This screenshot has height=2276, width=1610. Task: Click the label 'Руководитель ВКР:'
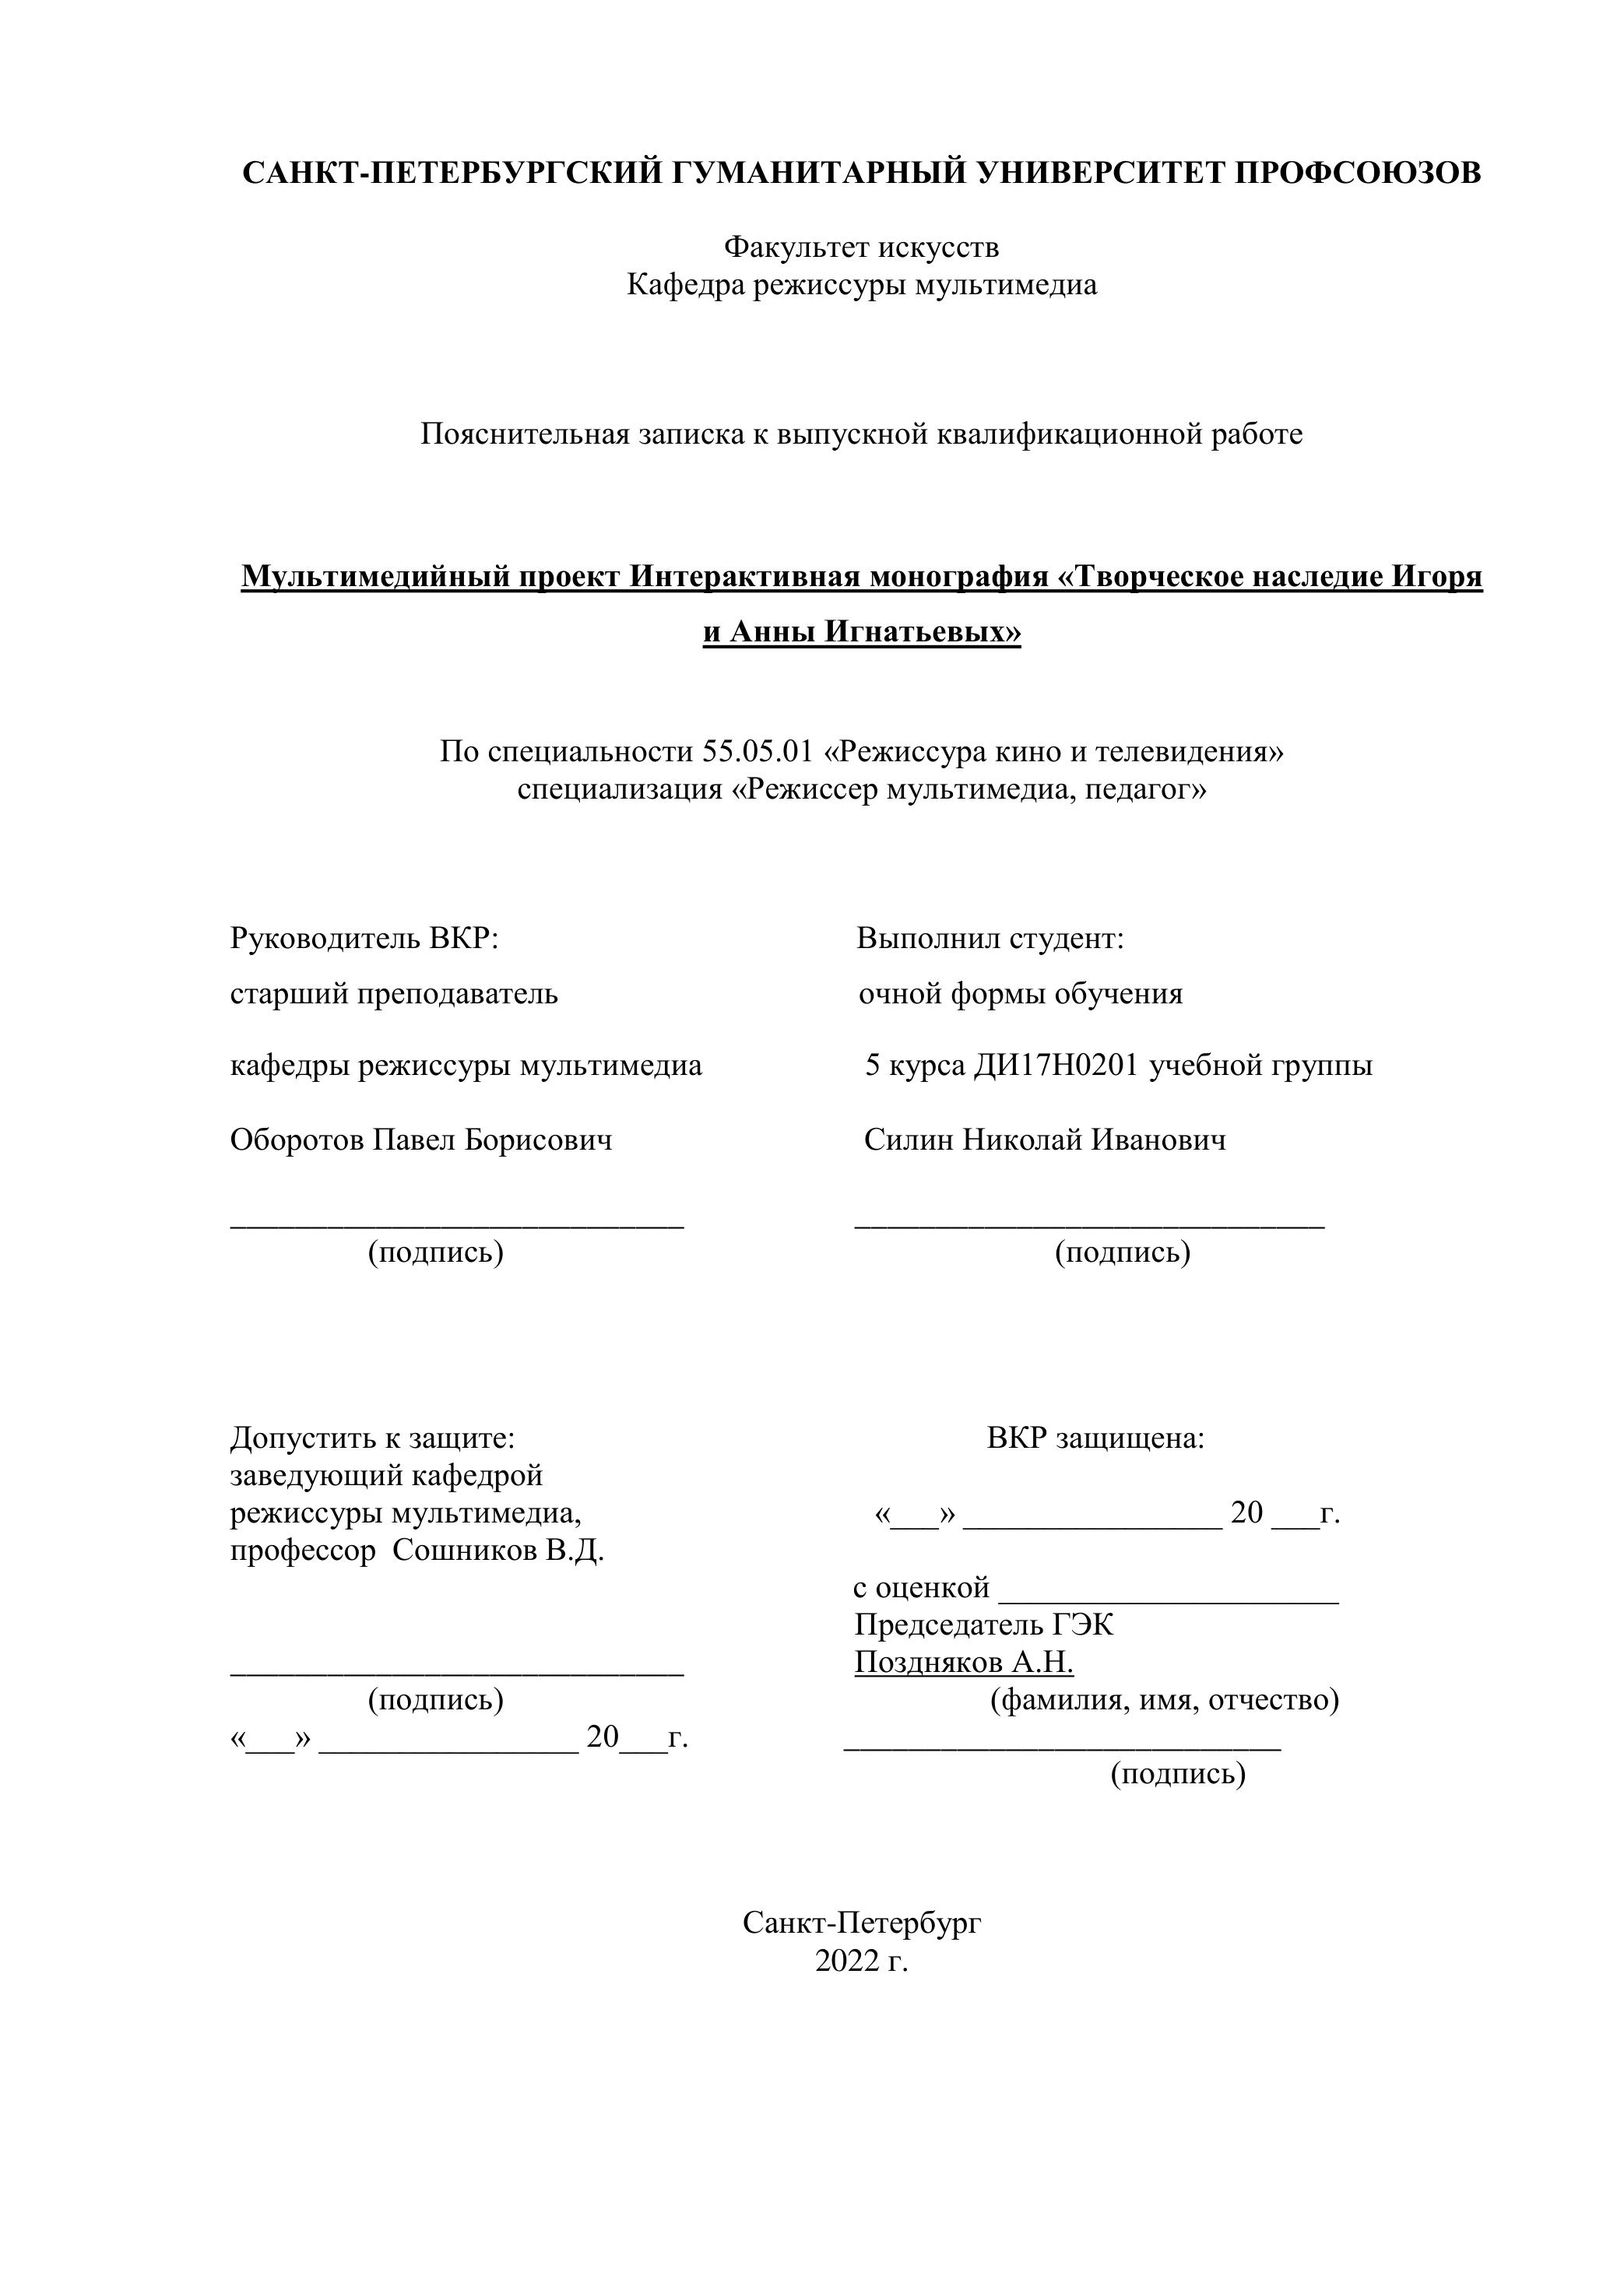click(364, 938)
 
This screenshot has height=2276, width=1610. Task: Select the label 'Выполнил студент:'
click(990, 938)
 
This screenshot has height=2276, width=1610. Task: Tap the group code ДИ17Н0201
click(1056, 1066)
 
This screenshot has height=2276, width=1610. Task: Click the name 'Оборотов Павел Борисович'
click(421, 1140)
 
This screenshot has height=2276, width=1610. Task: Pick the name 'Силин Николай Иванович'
click(1045, 1140)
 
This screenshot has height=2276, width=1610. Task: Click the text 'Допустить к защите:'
click(373, 1438)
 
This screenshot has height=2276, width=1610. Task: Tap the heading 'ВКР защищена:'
click(1095, 1438)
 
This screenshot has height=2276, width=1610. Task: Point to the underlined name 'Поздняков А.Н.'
click(964, 1663)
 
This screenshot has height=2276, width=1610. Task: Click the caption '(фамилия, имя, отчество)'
click(1165, 1700)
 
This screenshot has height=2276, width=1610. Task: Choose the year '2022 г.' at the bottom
click(862, 1961)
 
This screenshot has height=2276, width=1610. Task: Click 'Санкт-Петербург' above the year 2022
click(862, 1923)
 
